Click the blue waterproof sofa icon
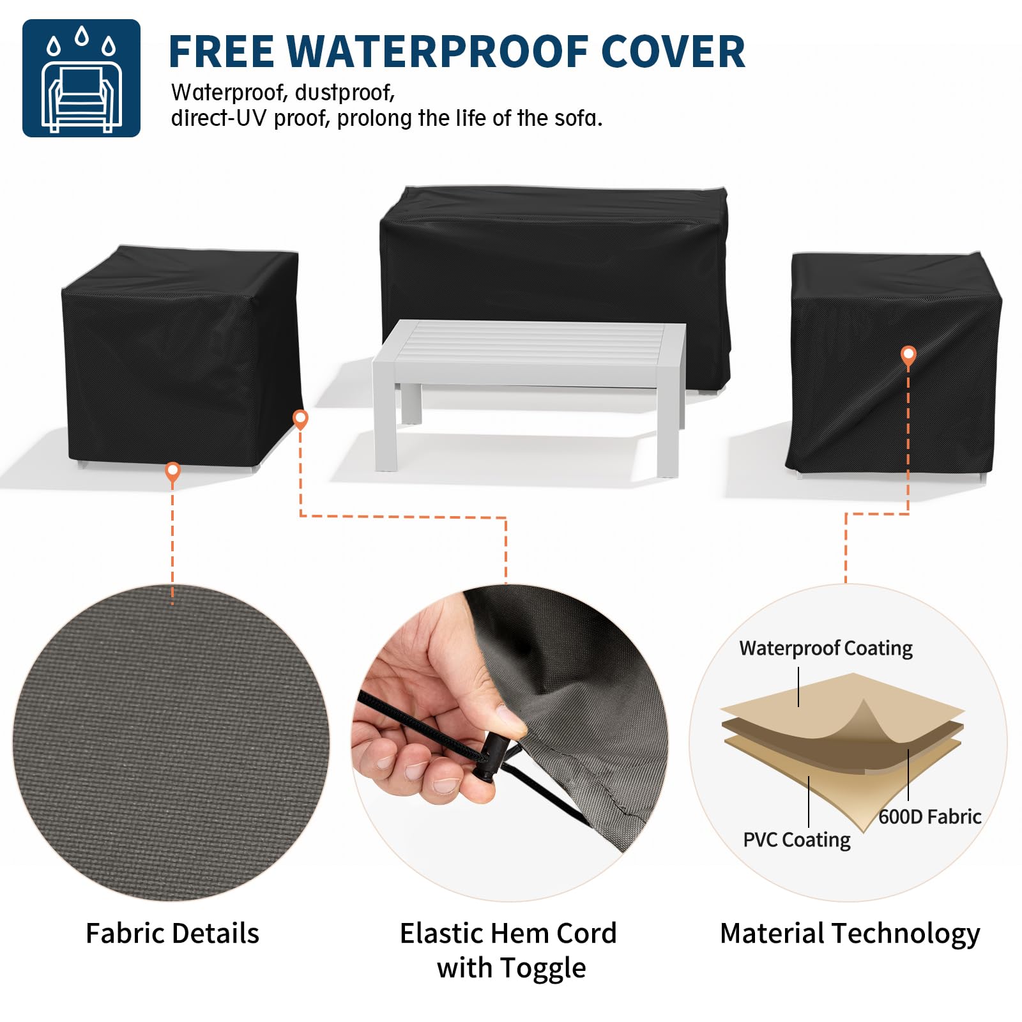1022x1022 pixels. (x=81, y=78)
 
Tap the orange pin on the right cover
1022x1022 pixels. (x=908, y=356)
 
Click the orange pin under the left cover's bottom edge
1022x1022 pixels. (x=172, y=472)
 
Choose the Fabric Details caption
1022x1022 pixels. (x=172, y=933)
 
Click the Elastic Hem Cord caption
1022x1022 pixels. (x=509, y=950)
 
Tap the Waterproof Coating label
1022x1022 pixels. (x=826, y=648)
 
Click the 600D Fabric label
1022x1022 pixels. (x=930, y=816)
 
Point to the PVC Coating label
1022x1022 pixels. (x=797, y=840)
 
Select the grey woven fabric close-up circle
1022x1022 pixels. (x=171, y=743)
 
